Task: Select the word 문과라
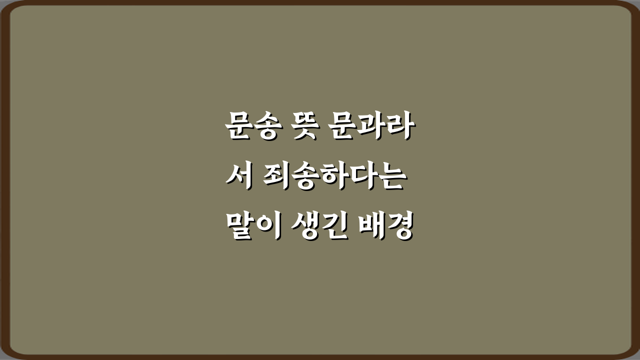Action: pos(369,127)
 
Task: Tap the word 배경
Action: pos(385,228)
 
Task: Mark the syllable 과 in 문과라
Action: pos(369,127)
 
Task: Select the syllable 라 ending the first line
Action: pos(397,127)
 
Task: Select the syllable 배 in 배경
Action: pos(371,228)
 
